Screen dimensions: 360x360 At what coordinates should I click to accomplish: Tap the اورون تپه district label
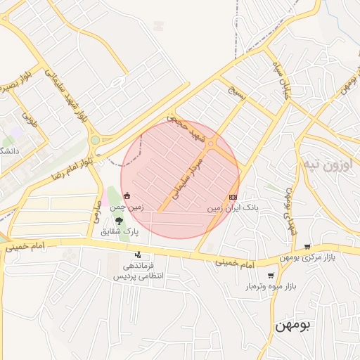326,165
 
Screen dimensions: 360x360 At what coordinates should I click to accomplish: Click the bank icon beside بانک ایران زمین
233,198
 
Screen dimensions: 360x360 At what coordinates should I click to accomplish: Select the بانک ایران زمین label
233,209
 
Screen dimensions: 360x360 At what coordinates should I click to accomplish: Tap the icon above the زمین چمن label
127,196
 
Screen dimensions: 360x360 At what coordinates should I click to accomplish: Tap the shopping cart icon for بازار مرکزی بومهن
307,246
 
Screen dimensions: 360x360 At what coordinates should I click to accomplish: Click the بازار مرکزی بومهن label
310,257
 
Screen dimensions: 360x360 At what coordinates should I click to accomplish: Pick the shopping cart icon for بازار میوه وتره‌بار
271,276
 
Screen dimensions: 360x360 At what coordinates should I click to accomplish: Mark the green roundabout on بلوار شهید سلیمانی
95,140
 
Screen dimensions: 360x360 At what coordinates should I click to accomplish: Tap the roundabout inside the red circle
211,144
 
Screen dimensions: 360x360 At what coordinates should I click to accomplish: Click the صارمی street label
97,210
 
